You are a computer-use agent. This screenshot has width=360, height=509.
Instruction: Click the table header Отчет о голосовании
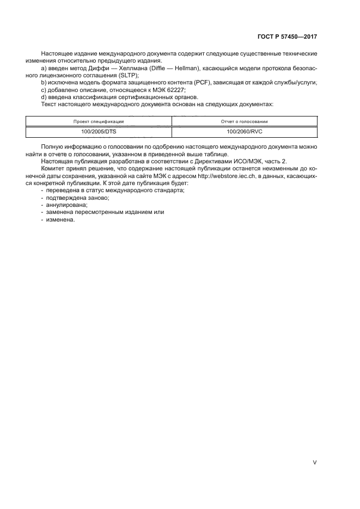coord(244,121)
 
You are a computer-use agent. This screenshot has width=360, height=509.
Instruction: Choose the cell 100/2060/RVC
coord(244,131)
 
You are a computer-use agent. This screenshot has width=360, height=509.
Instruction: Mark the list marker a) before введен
coord(44,68)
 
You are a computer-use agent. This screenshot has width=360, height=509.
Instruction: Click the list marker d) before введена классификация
coord(44,96)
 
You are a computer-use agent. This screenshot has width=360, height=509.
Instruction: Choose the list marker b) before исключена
coord(44,82)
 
